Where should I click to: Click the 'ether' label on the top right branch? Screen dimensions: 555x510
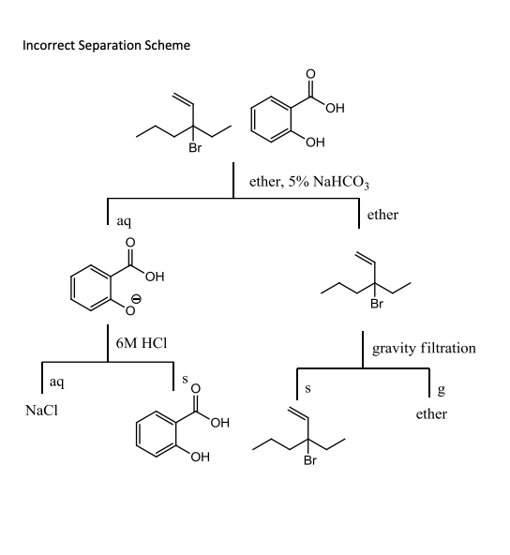383,215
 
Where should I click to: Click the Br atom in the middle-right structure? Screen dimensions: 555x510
377,304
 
